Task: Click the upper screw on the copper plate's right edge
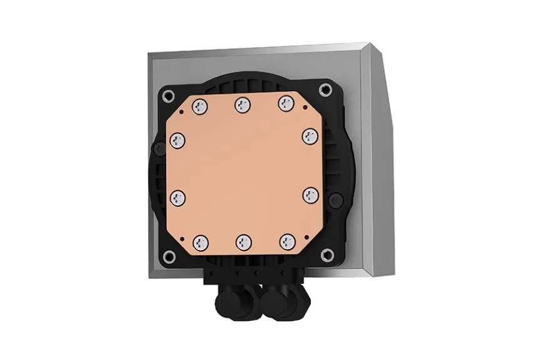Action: (310, 137)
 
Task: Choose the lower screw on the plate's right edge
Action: (310, 196)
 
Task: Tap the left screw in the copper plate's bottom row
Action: (201, 240)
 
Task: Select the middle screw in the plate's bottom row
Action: (243, 241)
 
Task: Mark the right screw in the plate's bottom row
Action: (286, 240)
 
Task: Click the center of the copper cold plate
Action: (243, 172)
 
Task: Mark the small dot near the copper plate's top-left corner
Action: (181, 112)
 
